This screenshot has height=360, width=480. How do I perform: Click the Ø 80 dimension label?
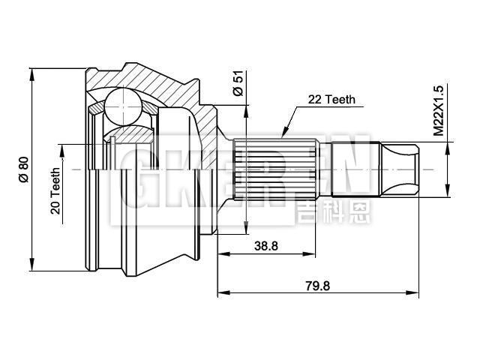23,169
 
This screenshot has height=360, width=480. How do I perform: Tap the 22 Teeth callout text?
331,99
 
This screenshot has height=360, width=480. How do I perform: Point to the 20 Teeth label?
55,190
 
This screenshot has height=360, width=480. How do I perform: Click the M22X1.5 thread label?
439,111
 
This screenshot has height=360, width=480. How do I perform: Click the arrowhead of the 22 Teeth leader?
284,134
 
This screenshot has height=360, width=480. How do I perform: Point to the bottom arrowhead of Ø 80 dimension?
32,267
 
